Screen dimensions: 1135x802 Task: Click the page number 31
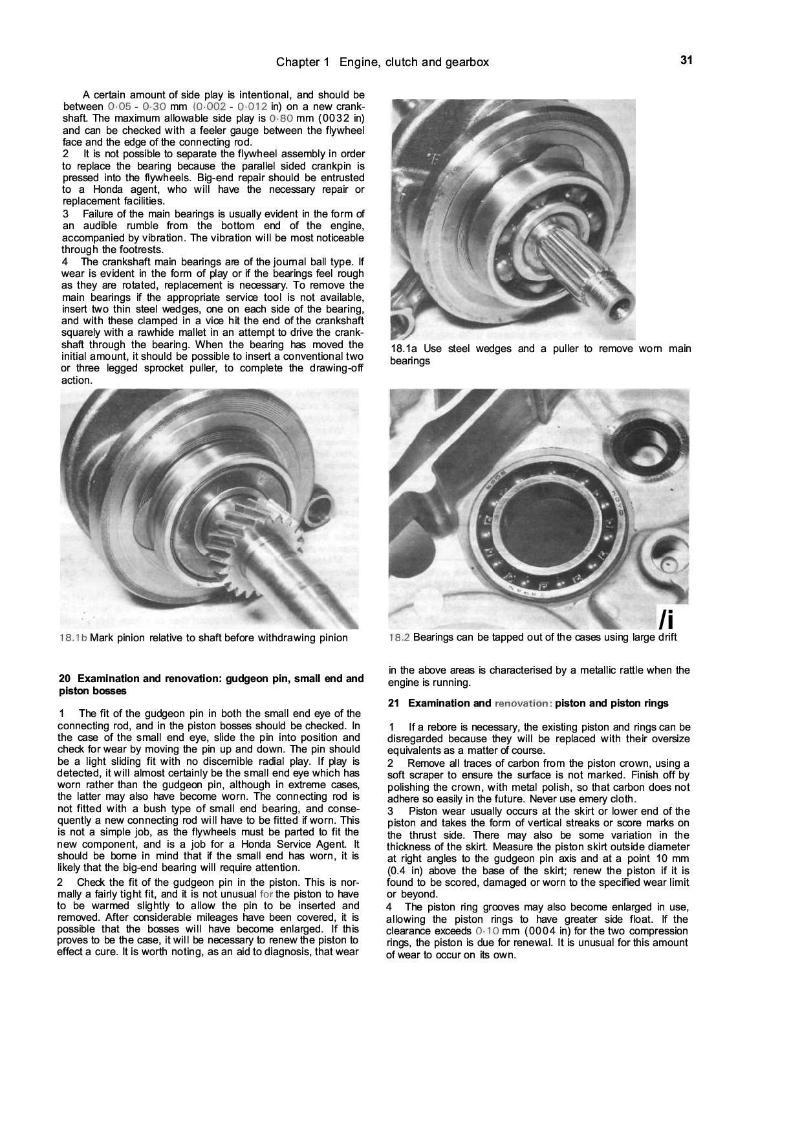(686, 60)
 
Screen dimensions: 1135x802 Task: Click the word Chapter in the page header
(298, 62)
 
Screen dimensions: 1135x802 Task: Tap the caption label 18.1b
(72, 638)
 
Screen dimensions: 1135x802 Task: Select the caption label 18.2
(399, 637)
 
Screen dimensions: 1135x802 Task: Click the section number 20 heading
(64, 679)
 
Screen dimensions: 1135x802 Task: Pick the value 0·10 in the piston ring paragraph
(486, 931)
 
